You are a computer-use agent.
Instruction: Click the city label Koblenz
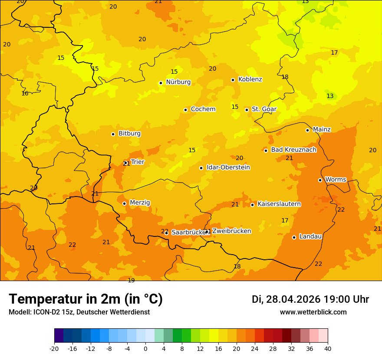tap(250, 79)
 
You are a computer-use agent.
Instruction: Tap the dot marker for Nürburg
tap(161, 83)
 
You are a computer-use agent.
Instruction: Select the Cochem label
tap(203, 109)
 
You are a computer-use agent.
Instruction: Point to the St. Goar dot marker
tap(247, 110)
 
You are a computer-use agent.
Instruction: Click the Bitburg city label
tap(129, 134)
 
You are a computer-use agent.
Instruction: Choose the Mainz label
tap(322, 130)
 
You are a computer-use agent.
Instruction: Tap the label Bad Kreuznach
tap(293, 150)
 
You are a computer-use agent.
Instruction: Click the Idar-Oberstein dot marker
tap(201, 168)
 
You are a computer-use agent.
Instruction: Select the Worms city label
tap(336, 180)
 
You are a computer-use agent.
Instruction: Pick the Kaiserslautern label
tap(279, 204)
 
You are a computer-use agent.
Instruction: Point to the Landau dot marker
tap(294, 237)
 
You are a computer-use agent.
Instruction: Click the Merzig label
tap(140, 203)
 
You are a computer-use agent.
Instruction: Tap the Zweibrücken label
tap(231, 231)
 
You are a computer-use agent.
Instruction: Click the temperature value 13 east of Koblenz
tap(330, 96)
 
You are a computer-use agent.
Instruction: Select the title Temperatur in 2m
tap(86, 299)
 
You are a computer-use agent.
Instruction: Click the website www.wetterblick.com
tap(313, 312)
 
